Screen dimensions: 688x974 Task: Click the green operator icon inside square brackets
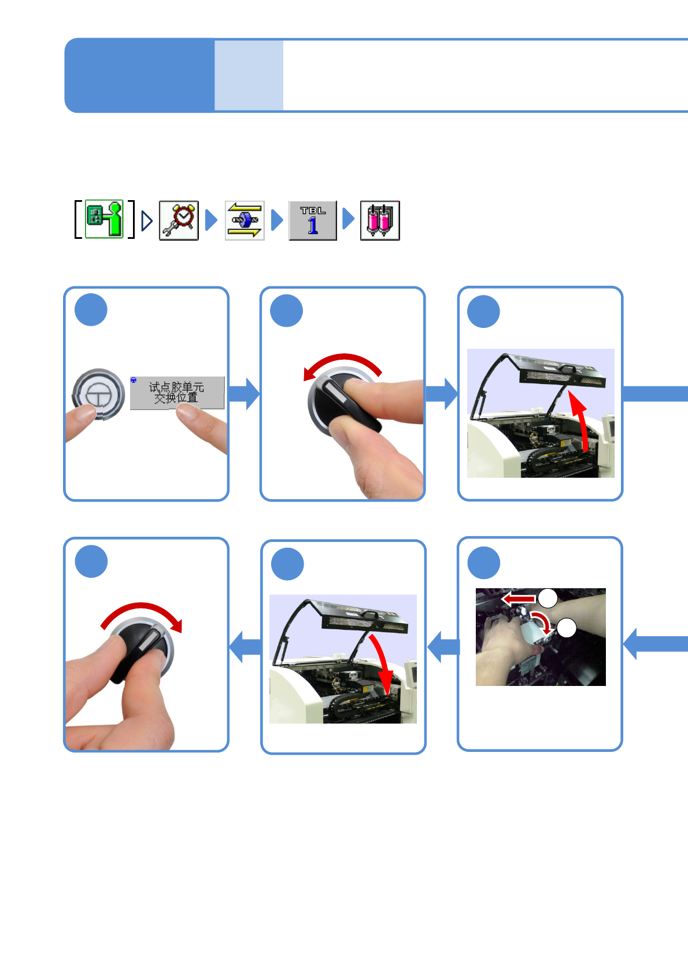pyautogui.click(x=105, y=219)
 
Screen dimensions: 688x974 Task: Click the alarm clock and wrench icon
pyautogui.click(x=179, y=220)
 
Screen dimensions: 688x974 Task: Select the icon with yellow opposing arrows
pyautogui.click(x=245, y=220)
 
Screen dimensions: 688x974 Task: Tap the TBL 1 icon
pyautogui.click(x=313, y=220)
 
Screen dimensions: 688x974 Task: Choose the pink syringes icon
pyautogui.click(x=380, y=220)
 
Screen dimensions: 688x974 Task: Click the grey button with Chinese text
pyautogui.click(x=177, y=393)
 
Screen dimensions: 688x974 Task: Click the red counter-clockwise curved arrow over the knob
pyautogui.click(x=342, y=363)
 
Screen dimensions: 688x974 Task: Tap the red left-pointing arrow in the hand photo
pyautogui.click(x=519, y=598)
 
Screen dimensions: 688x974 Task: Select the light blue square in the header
pyautogui.click(x=249, y=75)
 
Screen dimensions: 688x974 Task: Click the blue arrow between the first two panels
pyautogui.click(x=244, y=394)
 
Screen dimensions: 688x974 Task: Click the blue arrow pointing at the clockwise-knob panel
pyautogui.click(x=245, y=646)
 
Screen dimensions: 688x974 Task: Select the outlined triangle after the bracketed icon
pyautogui.click(x=147, y=220)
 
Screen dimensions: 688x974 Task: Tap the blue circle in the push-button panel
pyautogui.click(x=91, y=310)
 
